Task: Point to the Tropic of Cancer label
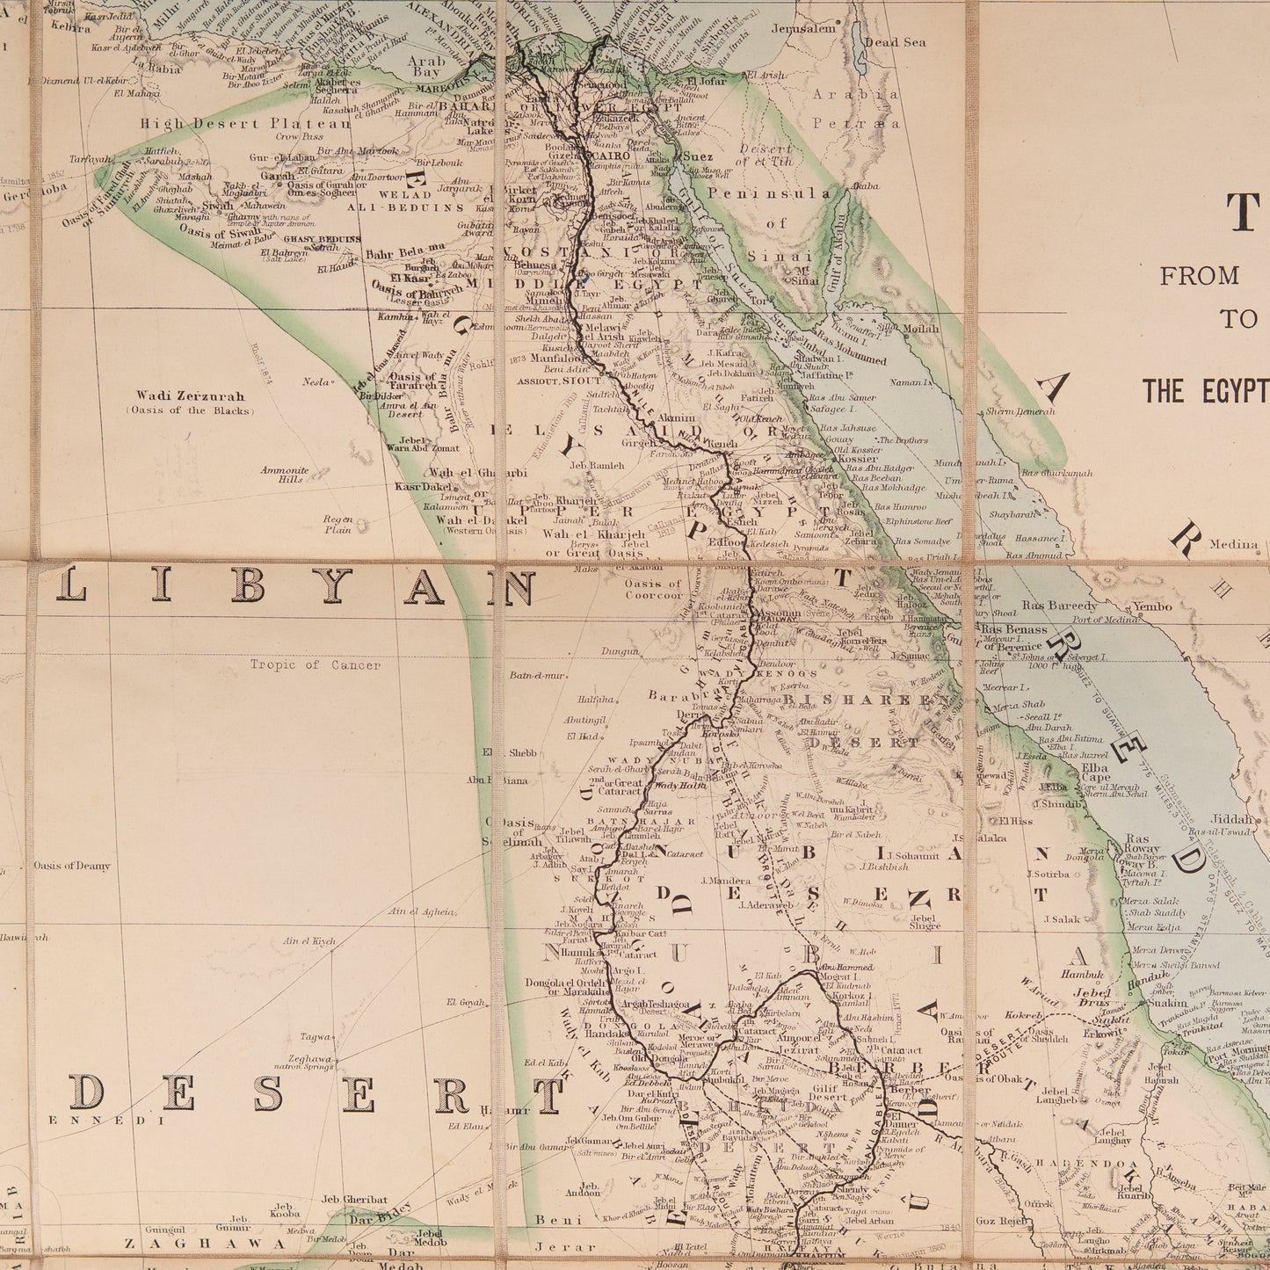point(315,665)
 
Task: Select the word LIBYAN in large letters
point(295,587)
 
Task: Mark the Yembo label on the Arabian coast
point(1152,606)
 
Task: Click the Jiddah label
point(1238,816)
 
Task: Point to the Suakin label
point(1168,1001)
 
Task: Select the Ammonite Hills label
point(284,475)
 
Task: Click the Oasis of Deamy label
point(72,866)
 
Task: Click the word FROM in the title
point(1199,276)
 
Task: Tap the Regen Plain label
point(337,524)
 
